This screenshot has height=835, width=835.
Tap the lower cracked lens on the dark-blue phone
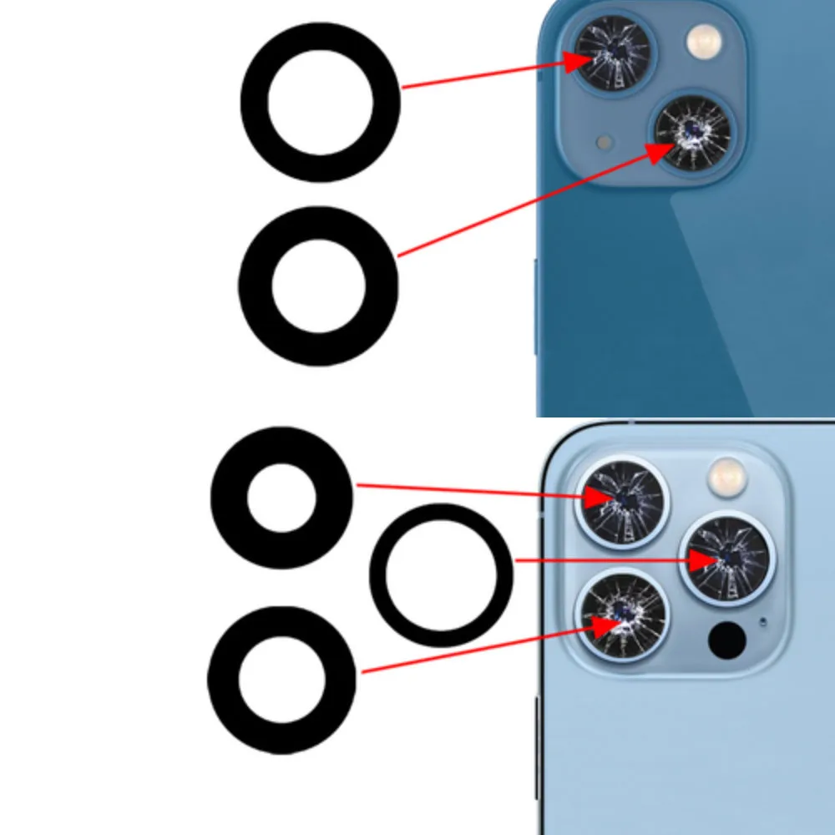point(692,134)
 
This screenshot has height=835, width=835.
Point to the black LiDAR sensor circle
point(726,639)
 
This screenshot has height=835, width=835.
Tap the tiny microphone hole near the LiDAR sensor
point(762,620)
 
